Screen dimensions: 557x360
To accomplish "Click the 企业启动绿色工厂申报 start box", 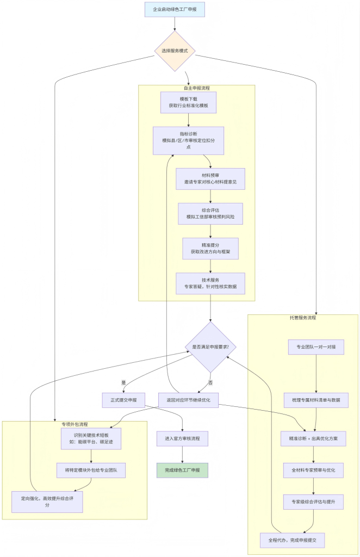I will pos(175,10).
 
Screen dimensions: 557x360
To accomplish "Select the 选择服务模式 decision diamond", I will pos(175,51).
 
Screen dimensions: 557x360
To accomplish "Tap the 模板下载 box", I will pos(188,102).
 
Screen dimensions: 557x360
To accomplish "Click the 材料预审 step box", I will pos(210,178).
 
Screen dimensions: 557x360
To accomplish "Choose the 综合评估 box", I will pos(210,213).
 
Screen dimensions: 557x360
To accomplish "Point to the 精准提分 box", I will pos(210,248).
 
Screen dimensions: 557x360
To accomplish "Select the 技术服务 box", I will pos(210,283).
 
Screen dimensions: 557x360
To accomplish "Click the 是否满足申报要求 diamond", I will pos(210,346).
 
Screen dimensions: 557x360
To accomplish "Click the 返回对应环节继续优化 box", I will pos(188,400).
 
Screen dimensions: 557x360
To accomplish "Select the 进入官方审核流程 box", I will pos(182,438).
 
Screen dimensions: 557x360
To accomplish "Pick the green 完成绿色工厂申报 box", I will pos(182,470).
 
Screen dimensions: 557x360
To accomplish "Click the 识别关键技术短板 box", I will pos(91,438).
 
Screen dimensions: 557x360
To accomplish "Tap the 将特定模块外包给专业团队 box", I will pos(91,470).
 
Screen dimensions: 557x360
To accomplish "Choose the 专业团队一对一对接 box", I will pos(316,346).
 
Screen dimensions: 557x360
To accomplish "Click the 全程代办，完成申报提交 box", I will pos(292,541).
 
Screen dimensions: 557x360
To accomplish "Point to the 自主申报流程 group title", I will pos(196,88).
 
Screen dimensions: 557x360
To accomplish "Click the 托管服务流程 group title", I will pos(303,318).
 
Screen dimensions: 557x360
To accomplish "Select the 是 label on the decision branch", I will pos(123,382).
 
